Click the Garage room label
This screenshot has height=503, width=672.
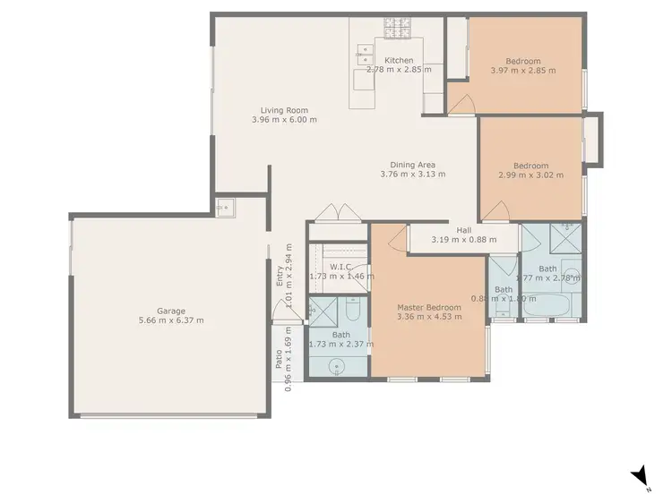click(170, 311)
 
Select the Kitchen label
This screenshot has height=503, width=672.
click(399, 61)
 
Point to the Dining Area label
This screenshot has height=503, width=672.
click(412, 165)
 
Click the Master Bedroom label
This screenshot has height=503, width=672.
click(429, 308)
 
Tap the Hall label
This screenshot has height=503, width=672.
click(463, 230)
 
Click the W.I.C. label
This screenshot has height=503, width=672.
click(340, 267)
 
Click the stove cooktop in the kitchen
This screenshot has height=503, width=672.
click(397, 28)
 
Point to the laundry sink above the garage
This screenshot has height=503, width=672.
click(223, 208)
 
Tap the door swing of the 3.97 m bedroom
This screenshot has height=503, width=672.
click(460, 103)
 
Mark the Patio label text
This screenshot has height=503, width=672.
click(280, 358)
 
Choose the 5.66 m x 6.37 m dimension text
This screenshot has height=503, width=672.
click(170, 320)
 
